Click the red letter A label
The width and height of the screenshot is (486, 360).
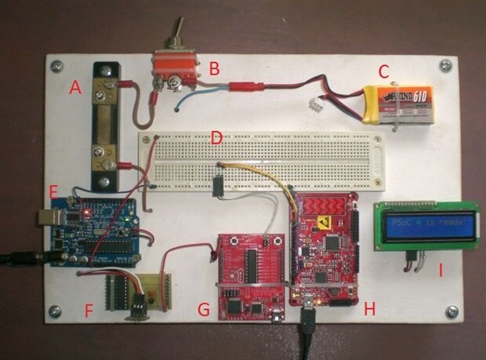point(75,89)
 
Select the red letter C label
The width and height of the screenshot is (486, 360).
point(383,71)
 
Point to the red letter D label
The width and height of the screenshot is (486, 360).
point(217,139)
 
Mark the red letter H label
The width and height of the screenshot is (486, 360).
point(370,309)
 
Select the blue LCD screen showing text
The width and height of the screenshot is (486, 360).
point(427,227)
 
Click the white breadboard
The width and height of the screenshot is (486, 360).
point(262,161)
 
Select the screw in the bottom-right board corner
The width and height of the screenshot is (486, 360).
point(451,312)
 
